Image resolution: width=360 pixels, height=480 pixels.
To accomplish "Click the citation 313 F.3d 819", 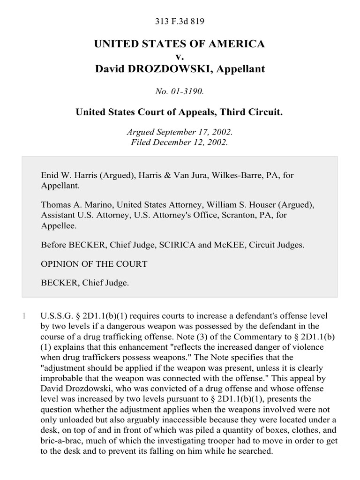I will (x=180, y=22).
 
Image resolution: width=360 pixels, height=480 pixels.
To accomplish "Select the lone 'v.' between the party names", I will (x=180, y=57).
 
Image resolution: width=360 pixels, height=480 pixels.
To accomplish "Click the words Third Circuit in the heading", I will (x=251, y=112).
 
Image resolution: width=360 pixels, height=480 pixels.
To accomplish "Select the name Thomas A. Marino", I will (x=76, y=205).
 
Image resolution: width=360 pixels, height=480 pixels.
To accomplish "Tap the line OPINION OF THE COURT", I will (x=94, y=264).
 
